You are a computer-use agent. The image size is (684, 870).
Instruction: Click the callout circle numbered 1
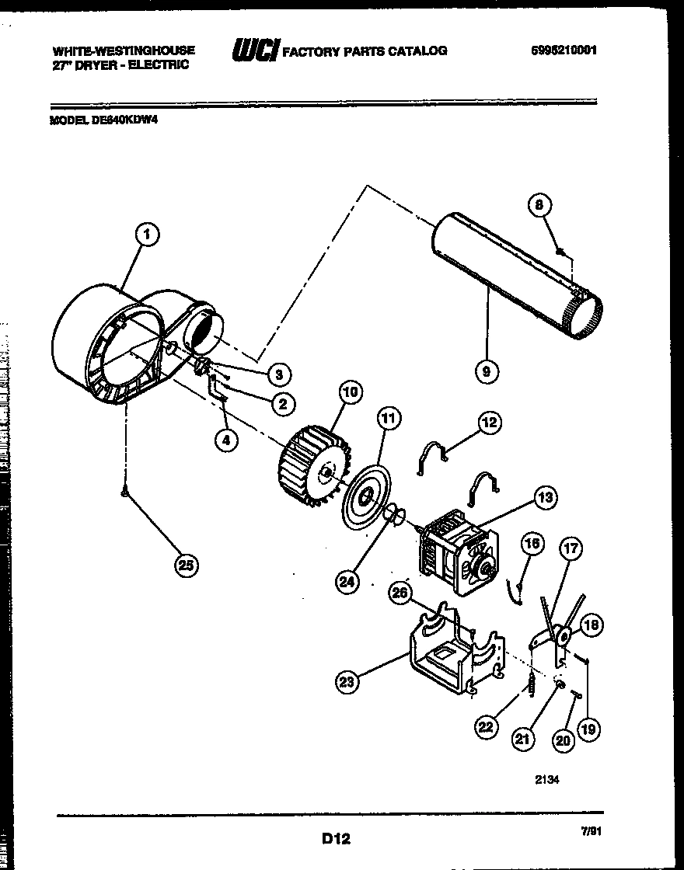pyautogui.click(x=148, y=231)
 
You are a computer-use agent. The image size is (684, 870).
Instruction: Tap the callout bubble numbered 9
pyautogui.click(x=486, y=371)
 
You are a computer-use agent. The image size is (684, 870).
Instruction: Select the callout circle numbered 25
pyautogui.click(x=184, y=565)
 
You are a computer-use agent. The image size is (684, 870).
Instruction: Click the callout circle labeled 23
pyautogui.click(x=347, y=683)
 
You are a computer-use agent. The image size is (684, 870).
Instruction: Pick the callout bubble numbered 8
pyautogui.click(x=540, y=205)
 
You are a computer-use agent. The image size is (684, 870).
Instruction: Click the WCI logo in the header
pyautogui.click(x=255, y=51)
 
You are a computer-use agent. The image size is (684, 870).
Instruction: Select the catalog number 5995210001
pyautogui.click(x=564, y=50)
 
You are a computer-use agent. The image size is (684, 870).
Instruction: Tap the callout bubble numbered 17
pyautogui.click(x=571, y=549)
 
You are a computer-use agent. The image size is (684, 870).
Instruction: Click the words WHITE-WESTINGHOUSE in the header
pyautogui.click(x=124, y=50)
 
